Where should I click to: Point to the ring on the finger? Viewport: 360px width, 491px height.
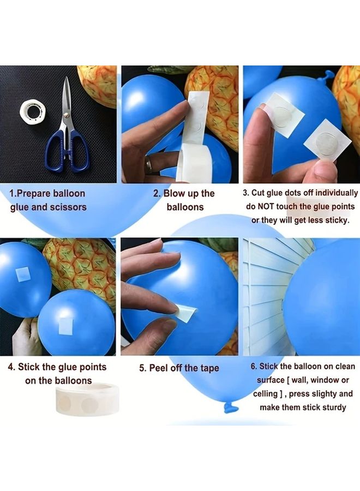point(149,164)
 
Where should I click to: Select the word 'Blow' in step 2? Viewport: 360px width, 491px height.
point(175,194)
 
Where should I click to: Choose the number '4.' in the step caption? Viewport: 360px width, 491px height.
point(11,367)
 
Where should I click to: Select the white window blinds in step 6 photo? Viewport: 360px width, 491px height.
point(265,295)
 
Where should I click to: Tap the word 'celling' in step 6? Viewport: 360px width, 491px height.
point(268,394)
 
